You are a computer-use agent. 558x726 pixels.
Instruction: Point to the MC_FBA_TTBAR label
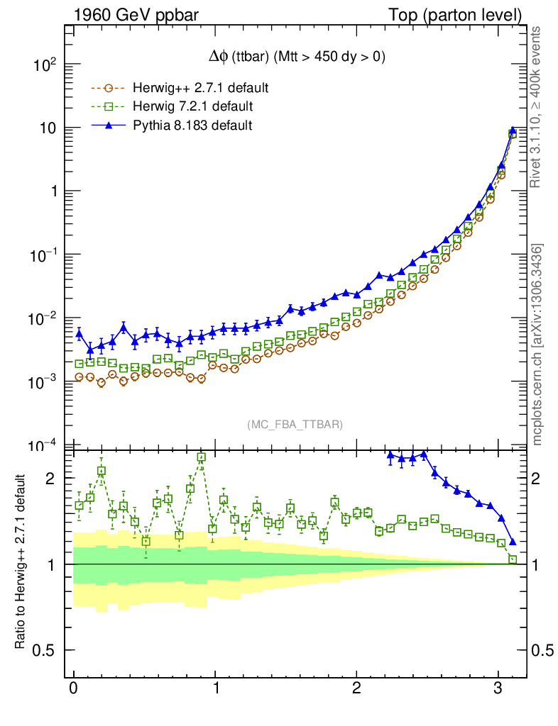[x=295, y=424]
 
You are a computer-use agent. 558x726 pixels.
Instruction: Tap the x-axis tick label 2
[x=356, y=690]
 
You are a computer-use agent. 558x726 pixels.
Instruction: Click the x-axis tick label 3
[x=498, y=690]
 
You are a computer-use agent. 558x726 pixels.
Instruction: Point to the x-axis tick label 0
[x=73, y=690]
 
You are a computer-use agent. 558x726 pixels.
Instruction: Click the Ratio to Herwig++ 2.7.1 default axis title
[x=23, y=562]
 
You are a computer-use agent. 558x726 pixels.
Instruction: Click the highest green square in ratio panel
[x=201, y=457]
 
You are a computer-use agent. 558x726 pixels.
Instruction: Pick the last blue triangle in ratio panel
[x=513, y=542]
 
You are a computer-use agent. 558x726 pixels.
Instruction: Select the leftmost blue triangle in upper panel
[x=79, y=333]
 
